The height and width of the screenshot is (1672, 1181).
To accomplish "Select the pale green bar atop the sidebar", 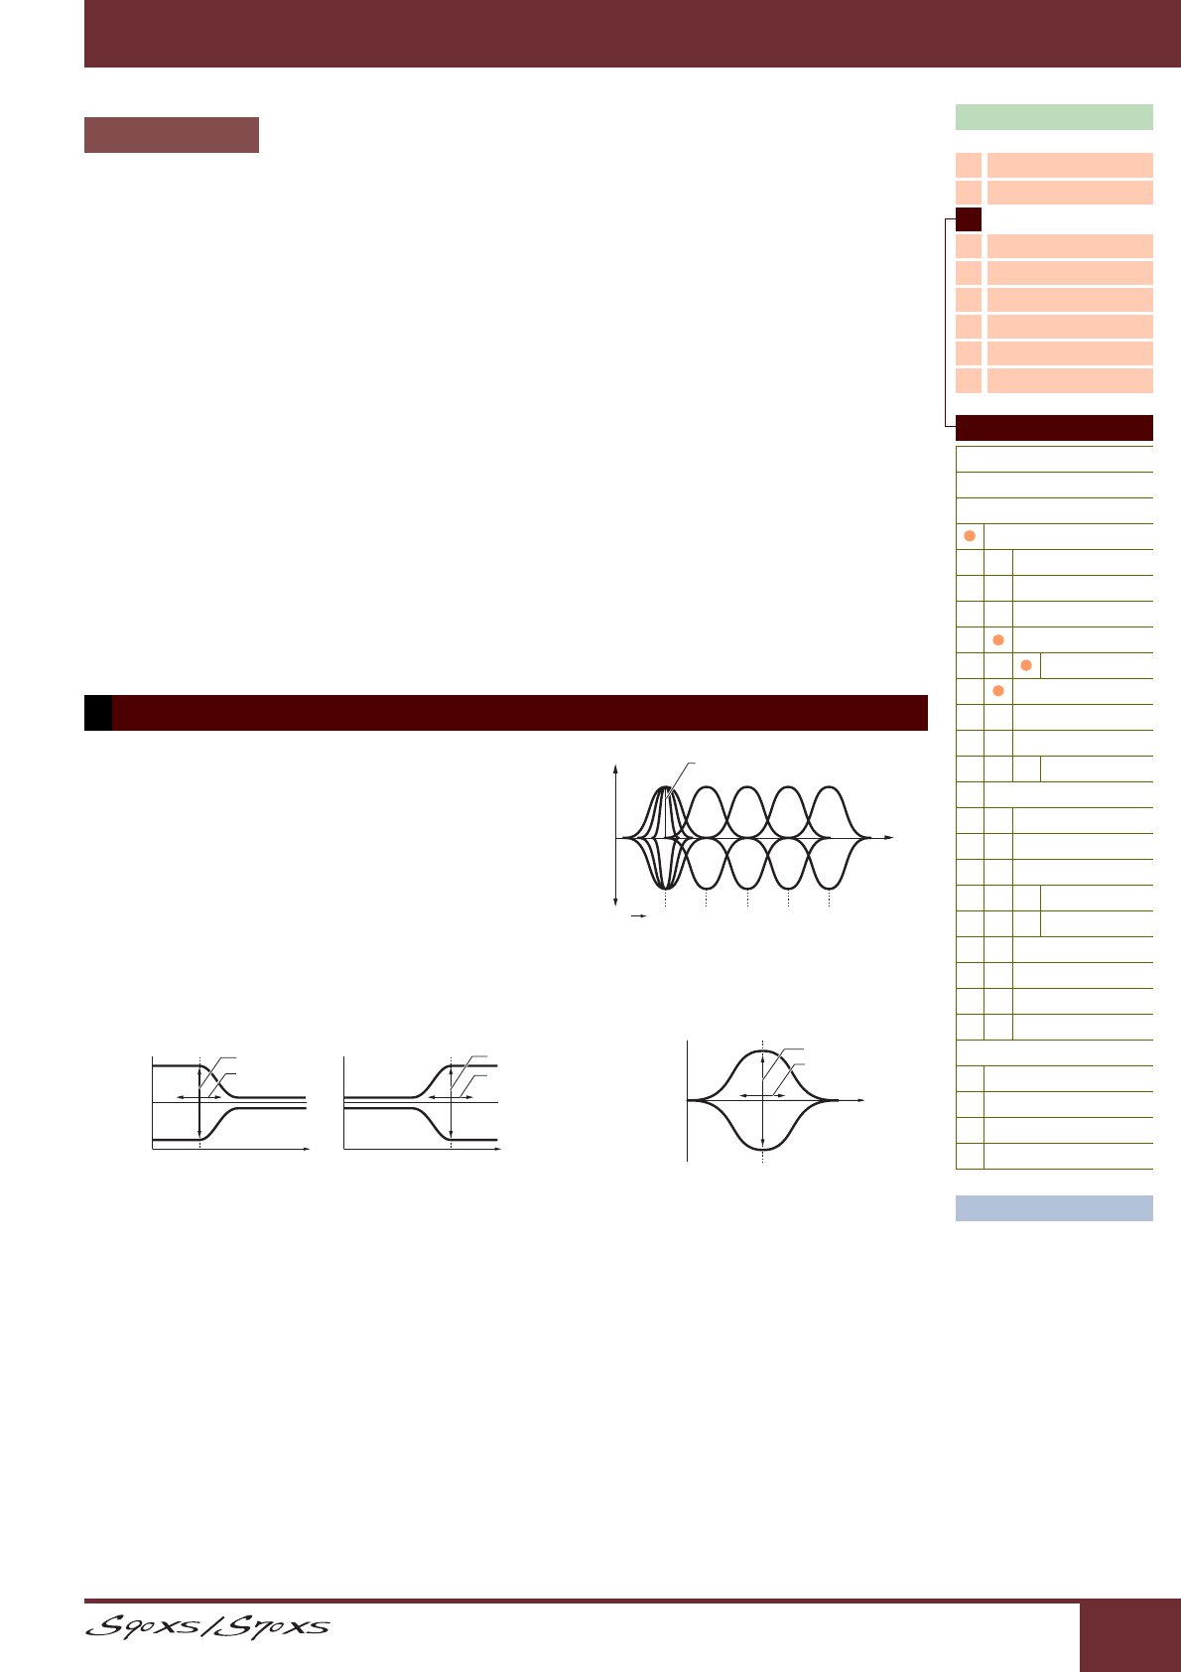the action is point(1054,117).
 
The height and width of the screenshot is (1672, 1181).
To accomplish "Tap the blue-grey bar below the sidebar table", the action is point(1054,1207).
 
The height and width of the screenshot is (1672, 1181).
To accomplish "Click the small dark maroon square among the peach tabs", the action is point(969,219).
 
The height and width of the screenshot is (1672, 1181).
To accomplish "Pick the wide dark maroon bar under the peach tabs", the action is point(1054,428).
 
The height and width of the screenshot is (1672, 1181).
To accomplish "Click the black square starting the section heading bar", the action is point(98,713).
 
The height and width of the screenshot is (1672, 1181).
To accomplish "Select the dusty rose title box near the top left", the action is point(172,135).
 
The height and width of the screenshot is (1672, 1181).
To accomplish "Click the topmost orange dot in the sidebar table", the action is point(970,536).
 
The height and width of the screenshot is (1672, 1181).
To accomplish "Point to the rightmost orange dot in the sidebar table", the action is point(1026,665).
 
